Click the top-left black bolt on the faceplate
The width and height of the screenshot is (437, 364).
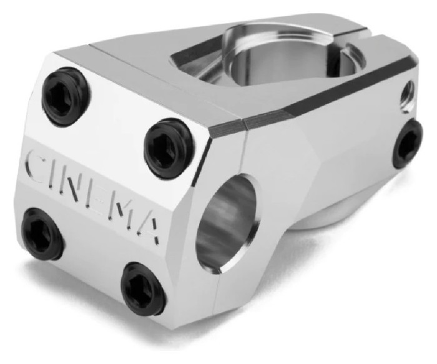[x=67, y=96]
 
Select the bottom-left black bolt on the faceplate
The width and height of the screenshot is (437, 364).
[x=42, y=233]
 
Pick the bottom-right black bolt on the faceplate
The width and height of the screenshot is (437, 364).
[x=142, y=287]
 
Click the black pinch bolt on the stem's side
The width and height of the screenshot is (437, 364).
[x=409, y=144]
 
